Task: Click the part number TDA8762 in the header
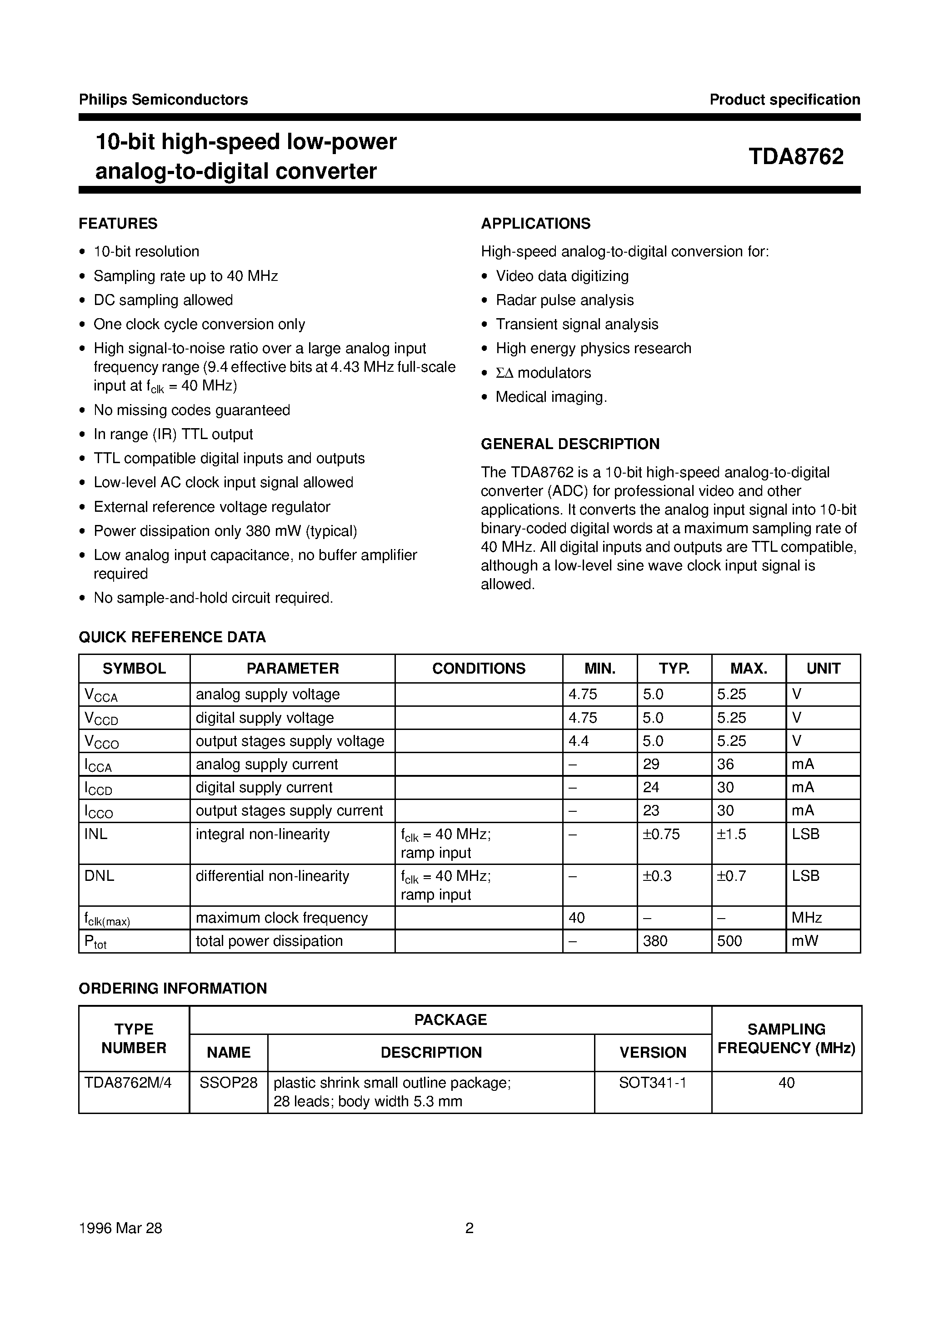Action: (795, 157)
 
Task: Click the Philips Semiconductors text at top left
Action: (163, 100)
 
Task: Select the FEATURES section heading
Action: (118, 224)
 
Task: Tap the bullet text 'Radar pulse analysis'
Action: (564, 300)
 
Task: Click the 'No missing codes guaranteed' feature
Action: (192, 410)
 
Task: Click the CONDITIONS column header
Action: (478, 669)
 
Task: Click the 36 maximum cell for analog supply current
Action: (725, 764)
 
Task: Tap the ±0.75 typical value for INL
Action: (661, 834)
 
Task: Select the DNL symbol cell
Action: (99, 876)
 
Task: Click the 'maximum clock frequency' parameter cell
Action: (281, 918)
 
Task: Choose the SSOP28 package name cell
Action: (228, 1082)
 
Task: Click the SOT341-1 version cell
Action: (653, 1082)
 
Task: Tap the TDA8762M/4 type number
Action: (128, 1082)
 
